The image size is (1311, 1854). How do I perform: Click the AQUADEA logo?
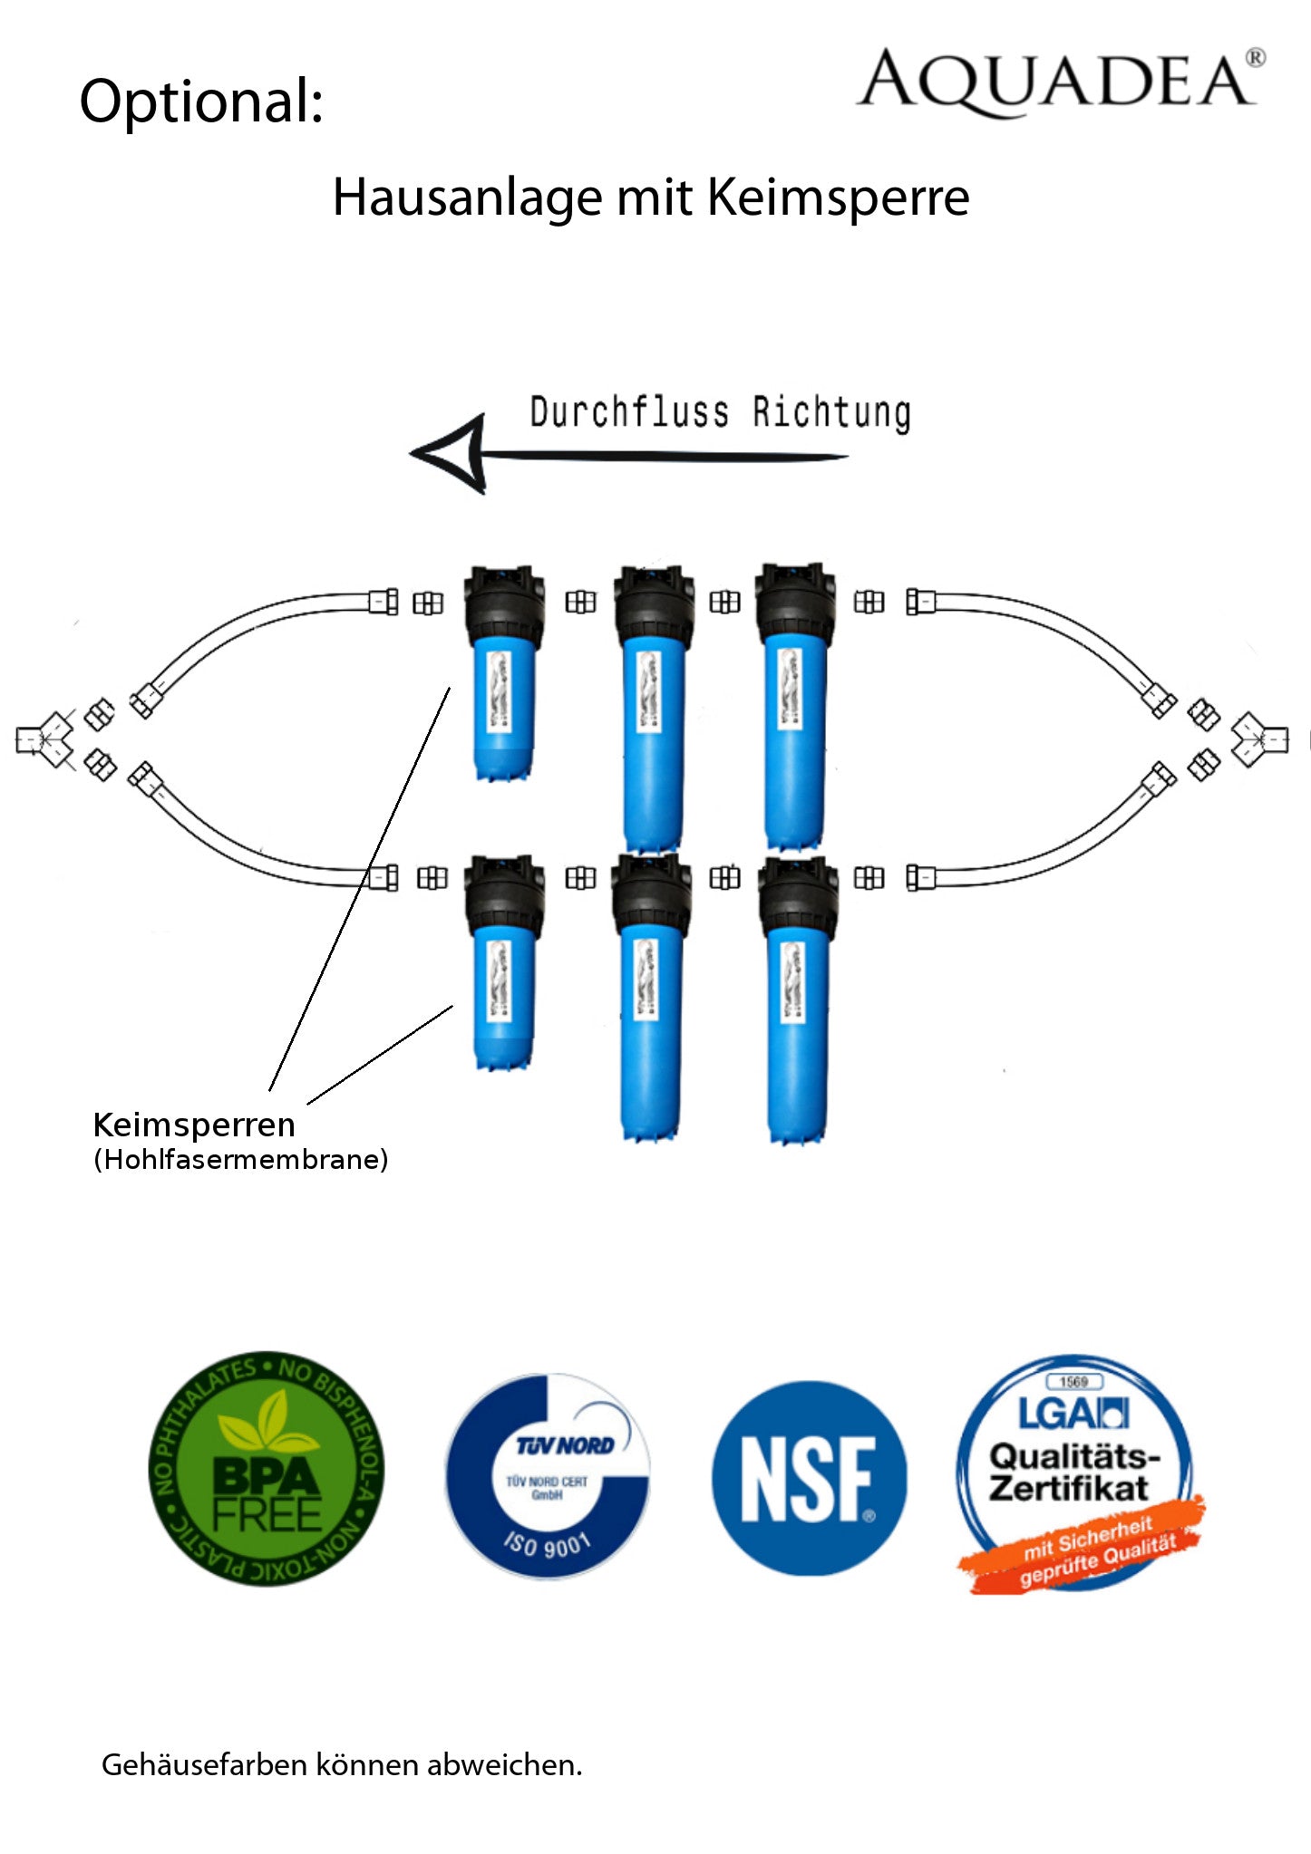1059,82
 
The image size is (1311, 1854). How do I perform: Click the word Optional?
201,101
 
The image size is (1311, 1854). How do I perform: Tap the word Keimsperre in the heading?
838,198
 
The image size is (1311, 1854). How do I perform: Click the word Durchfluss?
629,412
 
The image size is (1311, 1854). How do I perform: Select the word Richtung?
831,412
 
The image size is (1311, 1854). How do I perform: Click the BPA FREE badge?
266,1468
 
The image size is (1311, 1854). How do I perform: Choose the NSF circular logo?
809,1477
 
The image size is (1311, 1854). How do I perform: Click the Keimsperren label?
194,1125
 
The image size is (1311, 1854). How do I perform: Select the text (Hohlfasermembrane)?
241,1159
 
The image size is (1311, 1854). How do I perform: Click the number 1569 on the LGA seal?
1073,1382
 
